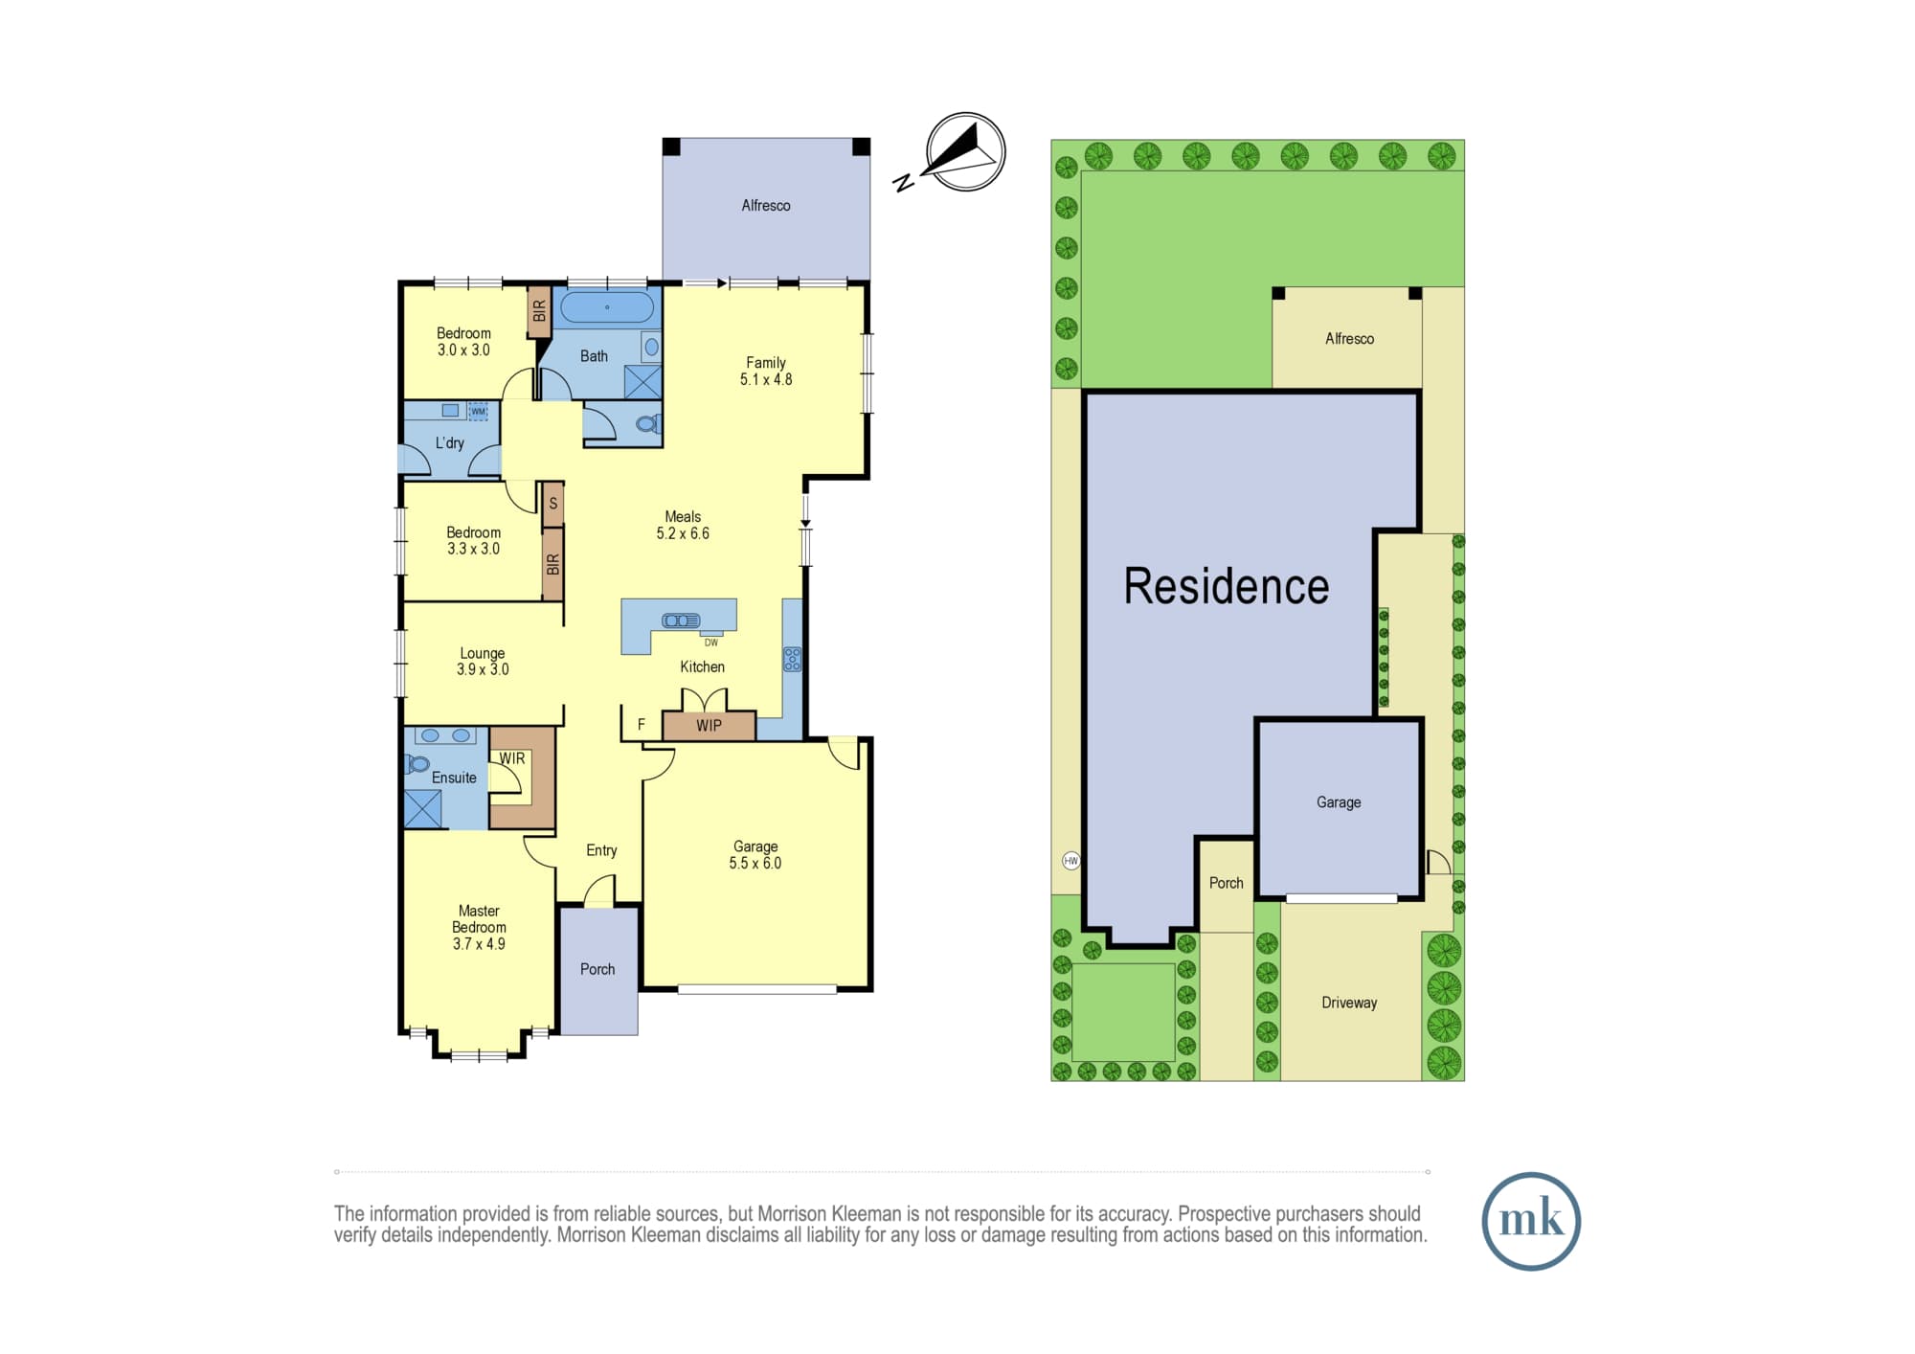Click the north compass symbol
coord(965,152)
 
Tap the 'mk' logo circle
coord(1531,1221)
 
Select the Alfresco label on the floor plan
coord(766,205)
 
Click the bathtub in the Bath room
coord(607,307)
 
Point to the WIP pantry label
coord(709,726)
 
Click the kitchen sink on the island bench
coord(680,621)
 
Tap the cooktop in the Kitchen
coord(792,658)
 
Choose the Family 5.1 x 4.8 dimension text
coord(766,379)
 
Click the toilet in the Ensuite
coord(417,764)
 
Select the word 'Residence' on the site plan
coord(1227,586)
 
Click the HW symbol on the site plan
coord(1070,860)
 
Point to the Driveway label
coord(1349,1003)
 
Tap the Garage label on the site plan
coord(1339,802)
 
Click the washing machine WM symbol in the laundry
coord(478,411)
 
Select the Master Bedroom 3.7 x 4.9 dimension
coord(479,943)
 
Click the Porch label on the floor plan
coord(597,969)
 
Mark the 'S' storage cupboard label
coord(552,503)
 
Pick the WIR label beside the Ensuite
coord(512,758)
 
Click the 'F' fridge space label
coord(642,725)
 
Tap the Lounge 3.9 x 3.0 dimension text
coord(483,669)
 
